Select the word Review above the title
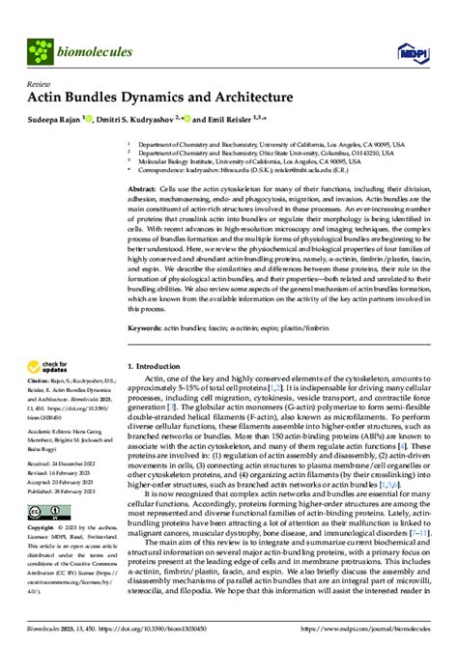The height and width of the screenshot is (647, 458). pos(39,83)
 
